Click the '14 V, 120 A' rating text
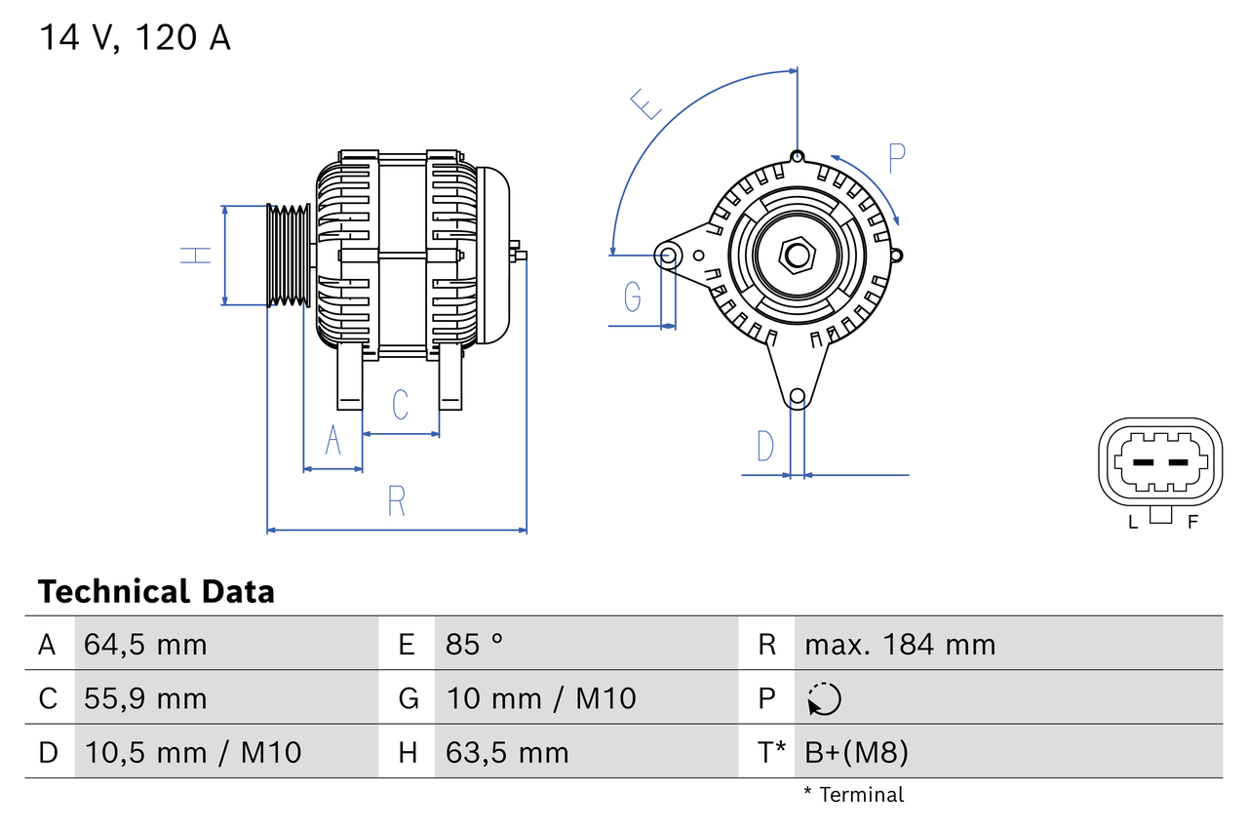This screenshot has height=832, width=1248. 135,38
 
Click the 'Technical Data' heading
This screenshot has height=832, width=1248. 156,591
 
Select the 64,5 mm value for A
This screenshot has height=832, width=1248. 145,644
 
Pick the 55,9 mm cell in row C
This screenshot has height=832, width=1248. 145,698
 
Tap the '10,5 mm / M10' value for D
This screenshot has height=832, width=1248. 192,752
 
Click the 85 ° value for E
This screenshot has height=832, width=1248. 475,644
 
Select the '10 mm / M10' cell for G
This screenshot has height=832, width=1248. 541,698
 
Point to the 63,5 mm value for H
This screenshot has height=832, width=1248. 507,752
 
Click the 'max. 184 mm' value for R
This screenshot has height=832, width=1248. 900,644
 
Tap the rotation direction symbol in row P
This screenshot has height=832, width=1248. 824,698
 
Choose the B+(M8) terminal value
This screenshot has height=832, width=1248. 856,752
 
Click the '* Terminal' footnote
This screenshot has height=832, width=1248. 854,795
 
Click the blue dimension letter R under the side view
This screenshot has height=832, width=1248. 396,501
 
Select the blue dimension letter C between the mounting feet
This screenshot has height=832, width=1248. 400,404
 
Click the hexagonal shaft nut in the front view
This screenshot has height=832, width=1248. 798,257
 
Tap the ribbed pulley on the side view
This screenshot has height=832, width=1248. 289,256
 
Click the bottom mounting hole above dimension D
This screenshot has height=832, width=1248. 798,396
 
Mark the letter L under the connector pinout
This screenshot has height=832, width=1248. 1132,522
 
